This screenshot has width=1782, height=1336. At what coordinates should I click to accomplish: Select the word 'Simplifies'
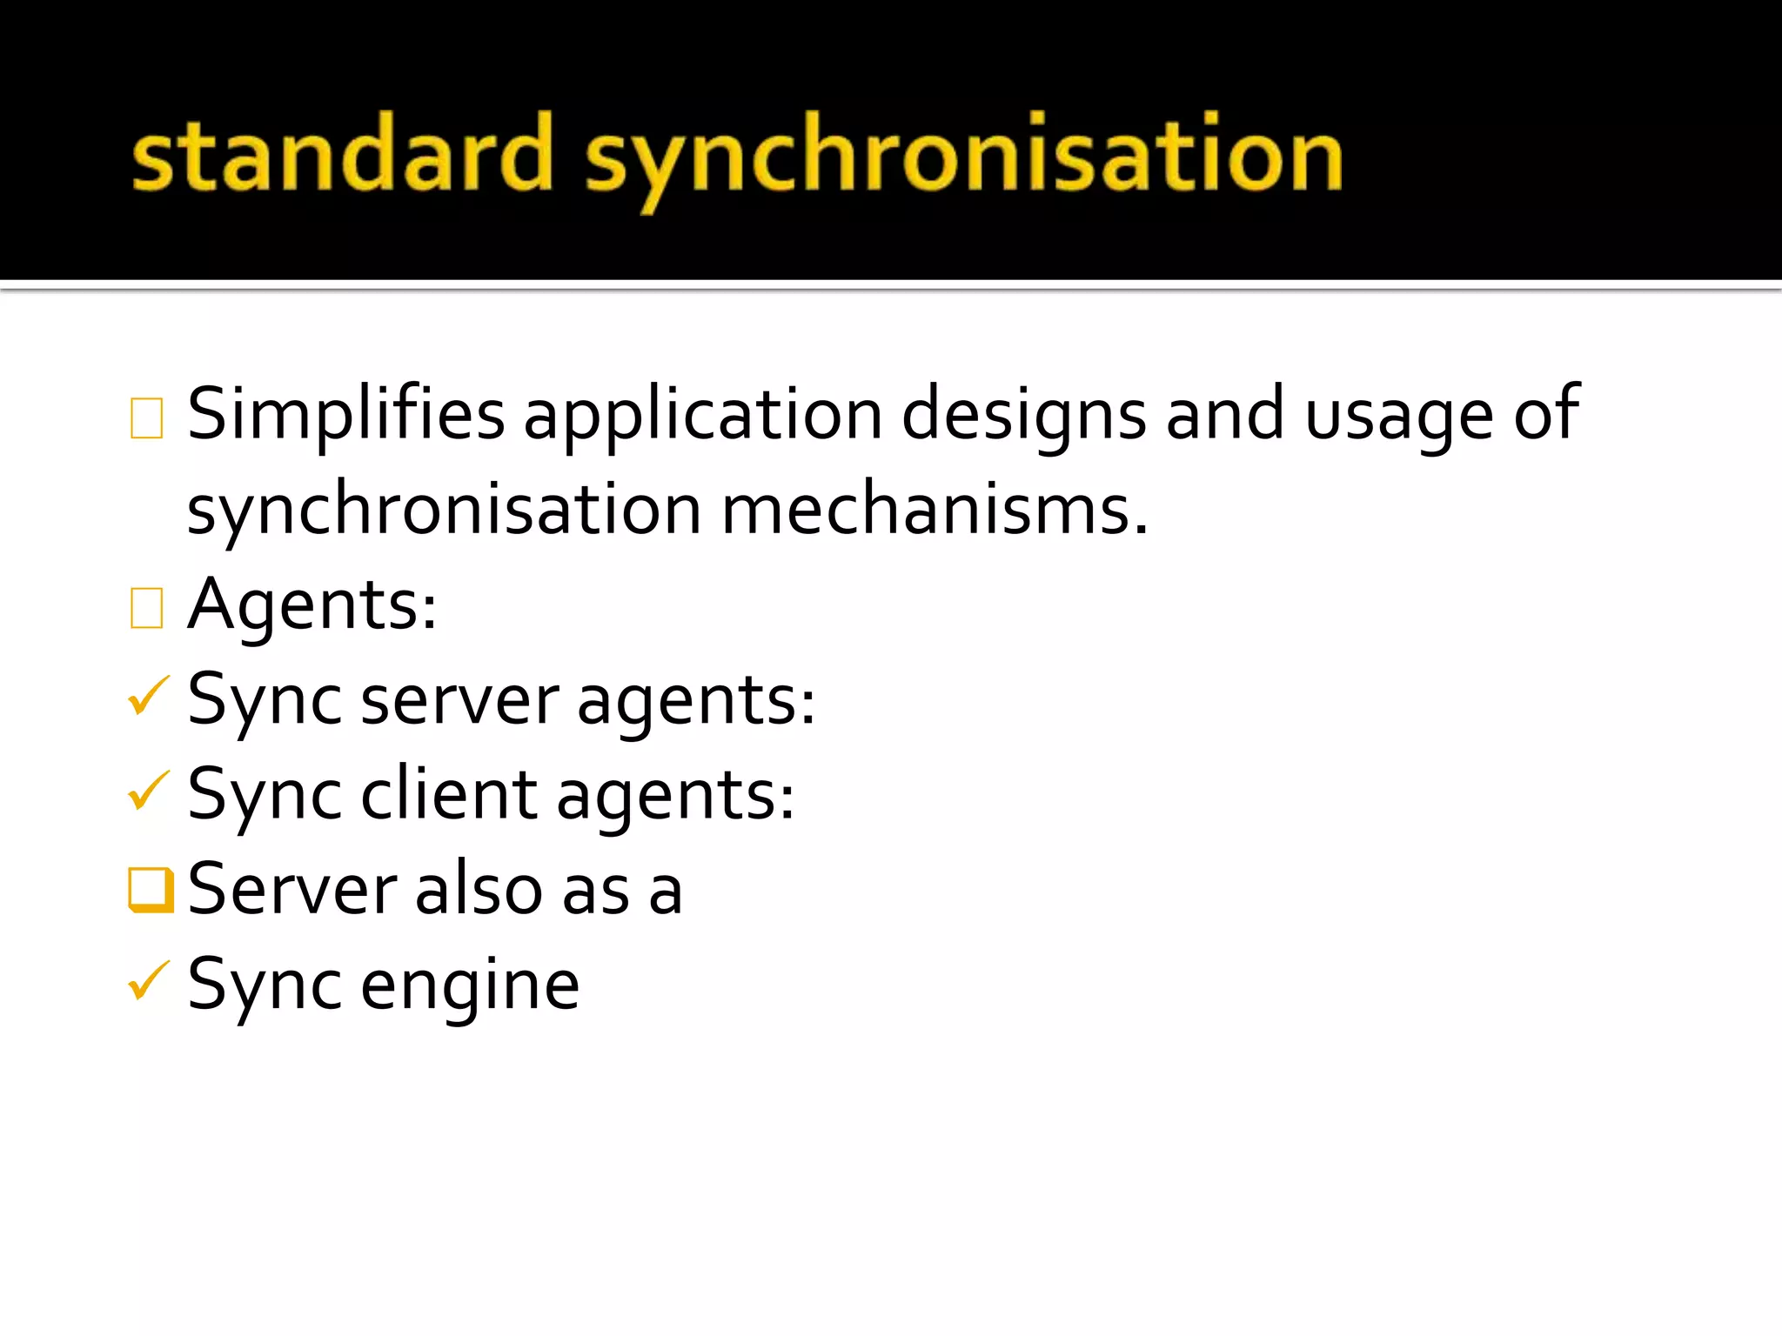(345, 414)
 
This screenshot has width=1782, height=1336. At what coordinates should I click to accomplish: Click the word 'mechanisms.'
(935, 510)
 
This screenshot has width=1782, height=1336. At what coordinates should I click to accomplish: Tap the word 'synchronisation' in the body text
(444, 510)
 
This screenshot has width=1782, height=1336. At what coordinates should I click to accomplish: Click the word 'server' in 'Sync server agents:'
(459, 701)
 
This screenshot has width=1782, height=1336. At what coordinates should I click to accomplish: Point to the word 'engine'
(470, 986)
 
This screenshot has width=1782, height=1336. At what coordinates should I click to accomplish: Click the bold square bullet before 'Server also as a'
(151, 890)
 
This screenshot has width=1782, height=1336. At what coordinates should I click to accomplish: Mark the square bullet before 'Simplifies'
(146, 417)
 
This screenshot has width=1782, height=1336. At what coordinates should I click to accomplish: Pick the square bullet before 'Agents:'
(146, 607)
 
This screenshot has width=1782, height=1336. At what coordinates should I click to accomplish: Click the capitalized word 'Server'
(292, 891)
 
